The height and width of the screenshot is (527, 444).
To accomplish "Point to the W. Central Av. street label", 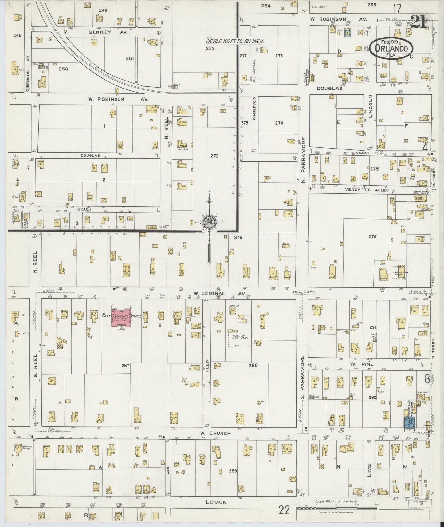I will click(x=219, y=294).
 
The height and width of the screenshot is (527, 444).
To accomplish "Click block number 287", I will click(x=125, y=365).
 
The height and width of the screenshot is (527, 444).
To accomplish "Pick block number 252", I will click(x=210, y=48).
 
